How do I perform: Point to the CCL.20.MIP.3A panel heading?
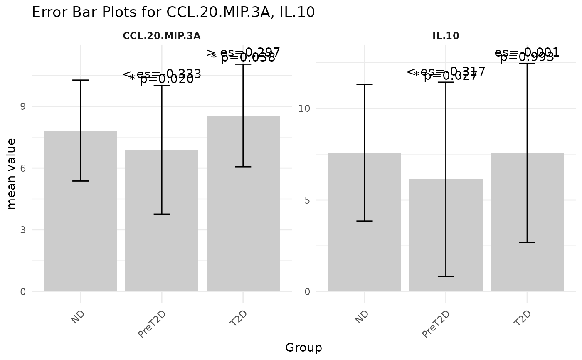tap(162, 36)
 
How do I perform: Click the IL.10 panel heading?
tap(446, 36)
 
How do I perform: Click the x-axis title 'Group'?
tap(303, 348)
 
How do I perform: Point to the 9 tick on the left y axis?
tap(22, 106)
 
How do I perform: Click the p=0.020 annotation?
tap(167, 79)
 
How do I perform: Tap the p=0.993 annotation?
tap(527, 57)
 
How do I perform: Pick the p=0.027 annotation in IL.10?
tap(451, 76)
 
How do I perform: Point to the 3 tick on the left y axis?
tap(22, 230)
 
